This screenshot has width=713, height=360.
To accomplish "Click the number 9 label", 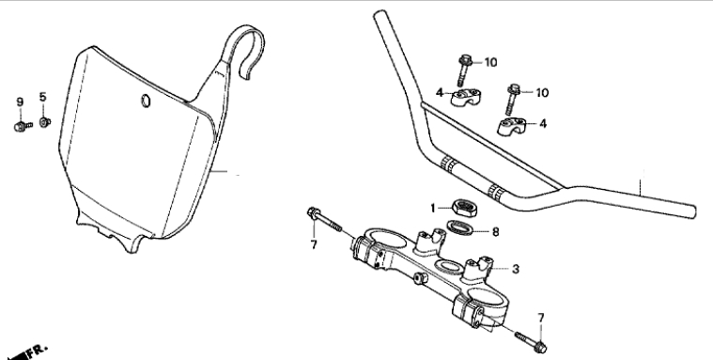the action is [20, 102].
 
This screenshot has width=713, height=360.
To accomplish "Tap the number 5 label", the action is [43, 97].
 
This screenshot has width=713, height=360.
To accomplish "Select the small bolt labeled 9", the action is [23, 126].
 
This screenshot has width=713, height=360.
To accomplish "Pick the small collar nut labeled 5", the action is [44, 122].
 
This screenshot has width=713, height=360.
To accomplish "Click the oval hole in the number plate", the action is [146, 101].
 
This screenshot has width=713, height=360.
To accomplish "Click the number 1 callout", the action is [433, 209].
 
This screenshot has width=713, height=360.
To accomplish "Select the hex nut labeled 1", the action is [463, 208].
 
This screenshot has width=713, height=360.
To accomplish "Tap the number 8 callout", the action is [496, 232].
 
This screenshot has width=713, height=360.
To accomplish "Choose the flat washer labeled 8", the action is [460, 227].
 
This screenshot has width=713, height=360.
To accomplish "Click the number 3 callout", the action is [515, 269].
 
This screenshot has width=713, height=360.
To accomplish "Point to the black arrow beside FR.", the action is [13, 355].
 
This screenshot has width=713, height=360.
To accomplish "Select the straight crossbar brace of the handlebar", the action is [492, 145].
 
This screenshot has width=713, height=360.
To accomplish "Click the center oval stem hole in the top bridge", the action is [448, 267].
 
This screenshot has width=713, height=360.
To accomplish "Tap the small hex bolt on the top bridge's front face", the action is [421, 278].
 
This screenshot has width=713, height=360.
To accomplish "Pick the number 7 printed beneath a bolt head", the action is [314, 244].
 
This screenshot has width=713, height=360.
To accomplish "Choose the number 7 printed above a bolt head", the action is [541, 318].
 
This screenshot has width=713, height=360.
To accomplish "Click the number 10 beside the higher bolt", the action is [490, 62].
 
